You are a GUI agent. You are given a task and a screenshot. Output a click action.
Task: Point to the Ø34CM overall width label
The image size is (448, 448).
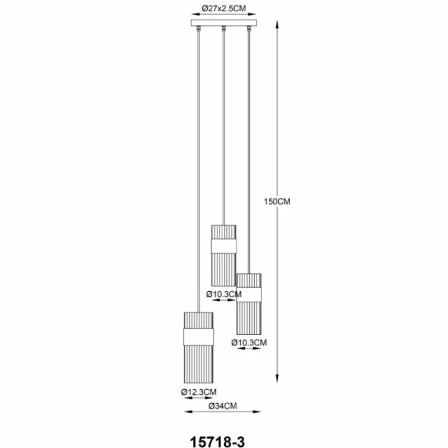pos(223,404)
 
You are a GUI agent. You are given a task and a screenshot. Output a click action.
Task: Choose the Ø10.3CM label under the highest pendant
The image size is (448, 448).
pos(223,293)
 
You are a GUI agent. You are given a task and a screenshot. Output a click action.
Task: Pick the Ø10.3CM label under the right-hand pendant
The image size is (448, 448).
pos(249,342)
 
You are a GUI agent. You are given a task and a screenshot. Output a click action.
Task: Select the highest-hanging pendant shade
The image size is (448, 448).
pos(223,255)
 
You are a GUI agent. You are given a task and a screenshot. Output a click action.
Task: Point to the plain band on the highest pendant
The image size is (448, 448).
pos(223,248)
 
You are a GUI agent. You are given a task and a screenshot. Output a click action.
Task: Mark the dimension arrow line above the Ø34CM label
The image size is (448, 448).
pos(223,413)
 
